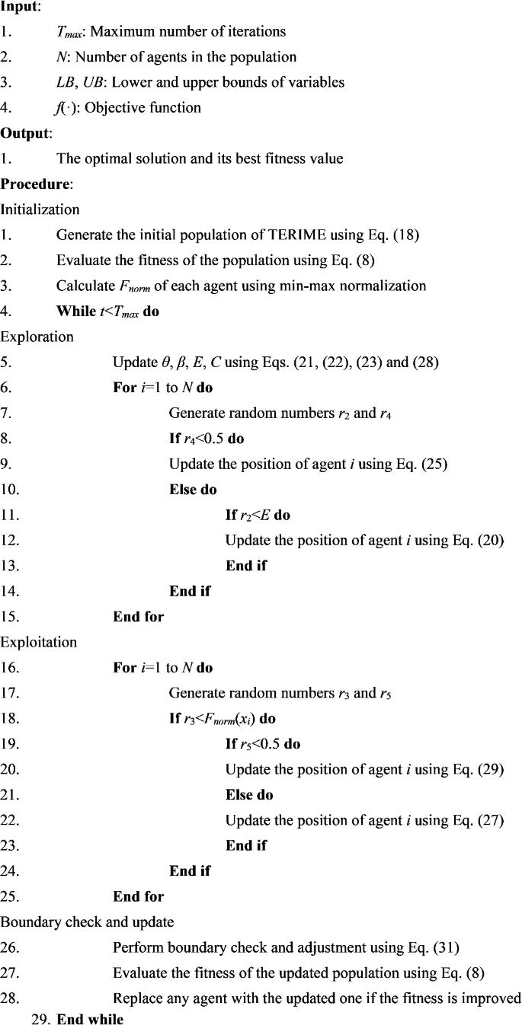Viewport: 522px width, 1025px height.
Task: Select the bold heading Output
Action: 24,133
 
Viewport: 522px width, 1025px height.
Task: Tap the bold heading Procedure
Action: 32,184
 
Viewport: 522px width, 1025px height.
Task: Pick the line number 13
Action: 10,566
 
